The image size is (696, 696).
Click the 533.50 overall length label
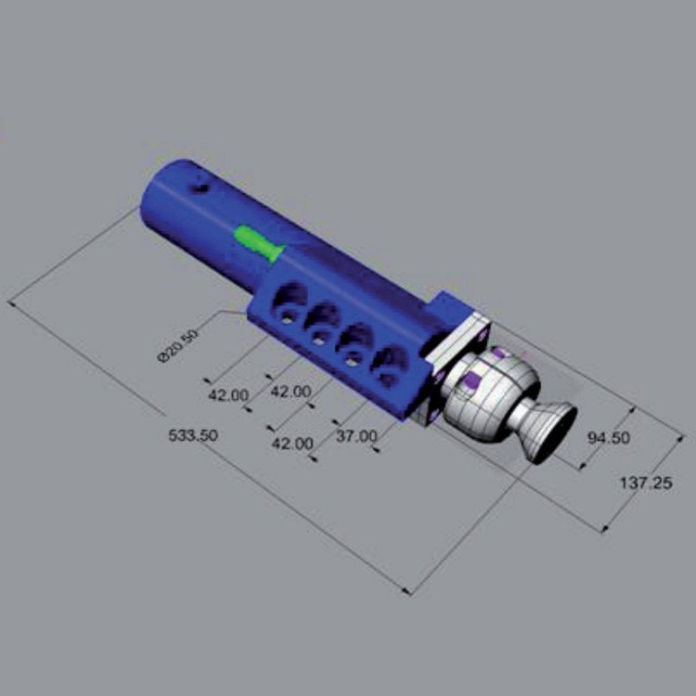[x=193, y=435]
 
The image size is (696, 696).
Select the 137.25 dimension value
[x=646, y=483]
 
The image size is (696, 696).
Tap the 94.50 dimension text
[x=609, y=438]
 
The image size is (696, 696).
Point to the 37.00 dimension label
[x=356, y=436]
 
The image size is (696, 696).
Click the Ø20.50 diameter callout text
[x=178, y=345]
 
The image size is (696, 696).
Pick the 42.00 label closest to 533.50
[x=228, y=395]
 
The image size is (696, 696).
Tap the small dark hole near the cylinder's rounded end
[x=199, y=188]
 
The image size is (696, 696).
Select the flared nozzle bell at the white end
[x=549, y=432]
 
